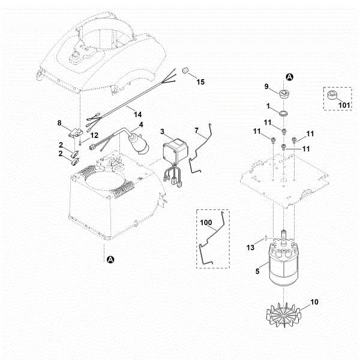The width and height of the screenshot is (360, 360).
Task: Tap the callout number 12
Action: pos(94,136)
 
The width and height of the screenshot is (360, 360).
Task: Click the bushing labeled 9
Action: pos(283,94)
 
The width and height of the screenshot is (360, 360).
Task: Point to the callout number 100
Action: pos(206,223)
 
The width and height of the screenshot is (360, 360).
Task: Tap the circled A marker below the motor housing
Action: pos(110,259)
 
